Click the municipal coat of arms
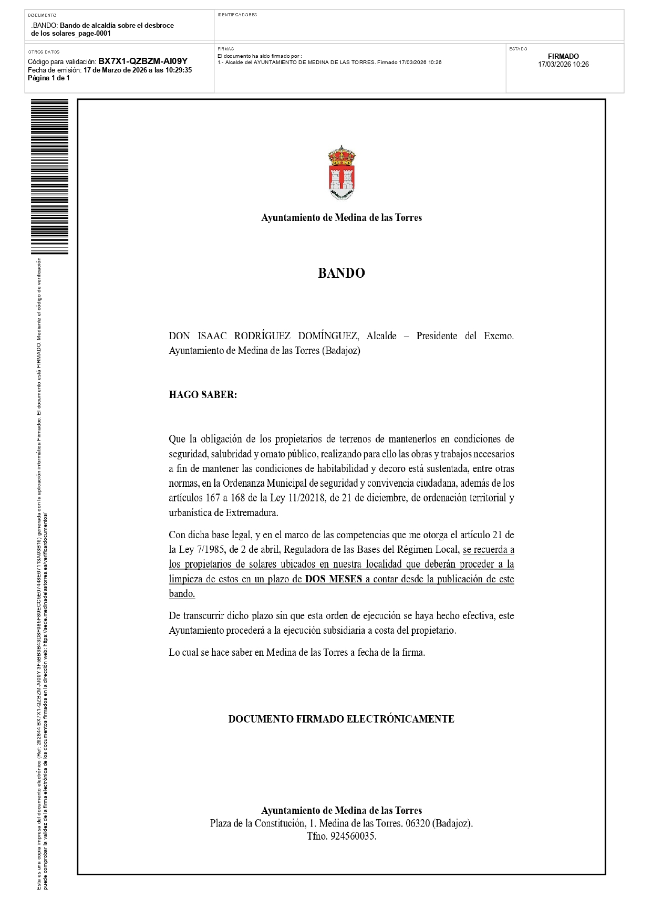[x=341, y=173]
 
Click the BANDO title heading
[x=341, y=273]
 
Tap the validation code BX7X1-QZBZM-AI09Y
[x=143, y=61]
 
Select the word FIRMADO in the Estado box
[x=563, y=56]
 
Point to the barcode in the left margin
[x=49, y=176]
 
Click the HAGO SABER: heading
[x=203, y=395]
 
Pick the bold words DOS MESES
[x=334, y=579]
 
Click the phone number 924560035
[x=353, y=836]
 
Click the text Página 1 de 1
[x=49, y=78]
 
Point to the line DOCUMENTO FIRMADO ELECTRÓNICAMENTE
[x=341, y=719]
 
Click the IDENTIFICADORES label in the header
[x=237, y=15]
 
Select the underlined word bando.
[x=182, y=594]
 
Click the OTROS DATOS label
[x=44, y=52]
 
